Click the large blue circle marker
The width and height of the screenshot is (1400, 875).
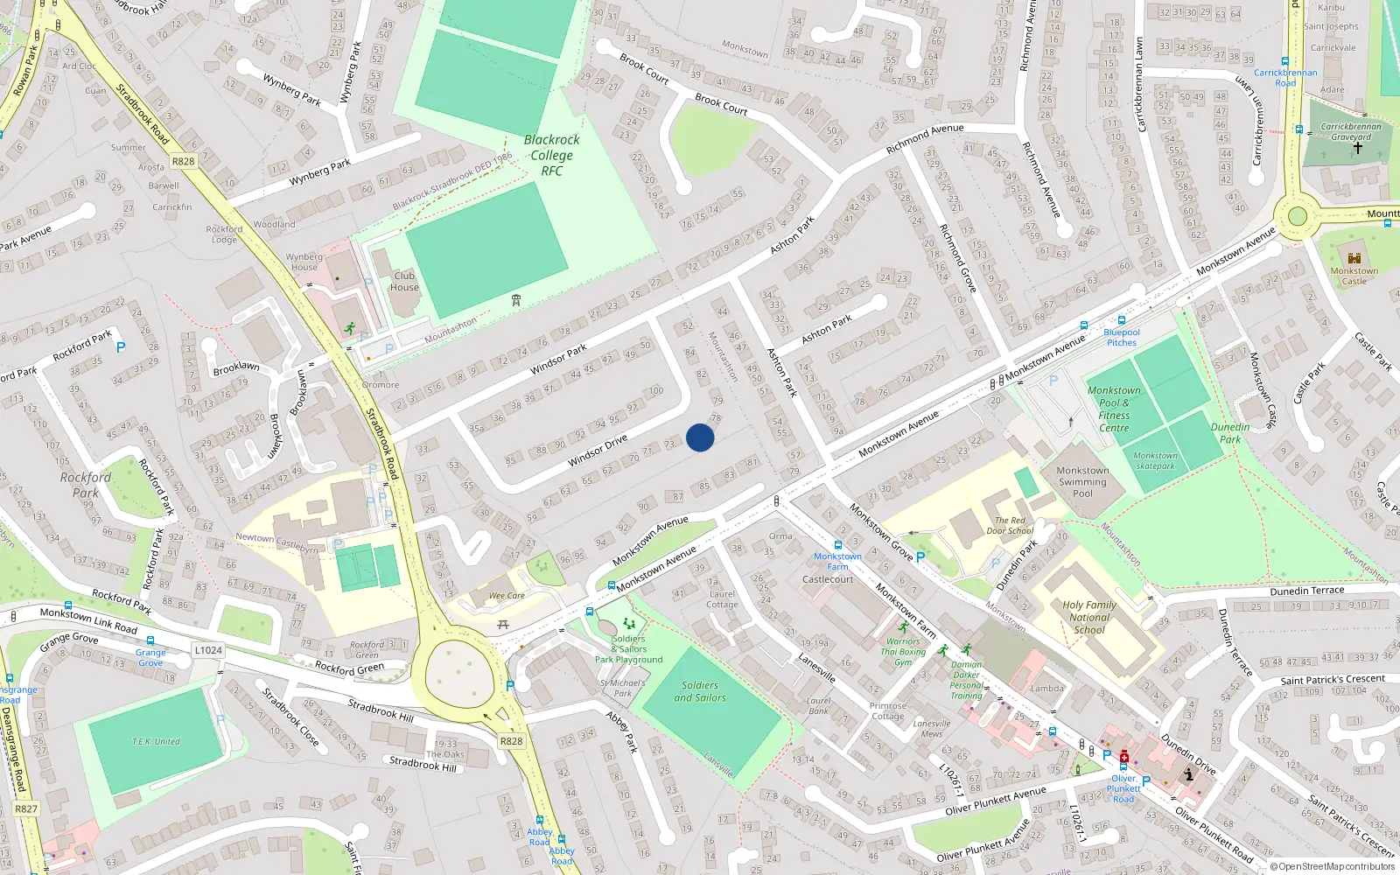700,437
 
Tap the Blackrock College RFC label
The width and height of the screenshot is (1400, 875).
551,155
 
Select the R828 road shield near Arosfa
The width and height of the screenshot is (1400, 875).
183,161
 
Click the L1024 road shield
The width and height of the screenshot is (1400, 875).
208,650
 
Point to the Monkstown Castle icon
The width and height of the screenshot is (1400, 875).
1354,258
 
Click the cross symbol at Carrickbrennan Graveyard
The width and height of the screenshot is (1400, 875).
1358,148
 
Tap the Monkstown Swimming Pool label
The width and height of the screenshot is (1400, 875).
1082,482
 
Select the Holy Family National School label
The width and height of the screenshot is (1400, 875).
1089,617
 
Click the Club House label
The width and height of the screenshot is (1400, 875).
404,281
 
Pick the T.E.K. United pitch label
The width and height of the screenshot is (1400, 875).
157,741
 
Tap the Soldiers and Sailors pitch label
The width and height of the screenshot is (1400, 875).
700,691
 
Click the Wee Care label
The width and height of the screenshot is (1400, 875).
507,596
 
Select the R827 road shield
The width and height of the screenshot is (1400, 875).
26,808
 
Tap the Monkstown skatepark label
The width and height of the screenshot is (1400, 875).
1155,460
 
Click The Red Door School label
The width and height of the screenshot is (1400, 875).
1010,525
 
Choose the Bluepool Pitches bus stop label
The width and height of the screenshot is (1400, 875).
1122,337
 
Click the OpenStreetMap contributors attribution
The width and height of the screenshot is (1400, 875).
1333,866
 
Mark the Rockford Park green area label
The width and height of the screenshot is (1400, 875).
86,485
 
